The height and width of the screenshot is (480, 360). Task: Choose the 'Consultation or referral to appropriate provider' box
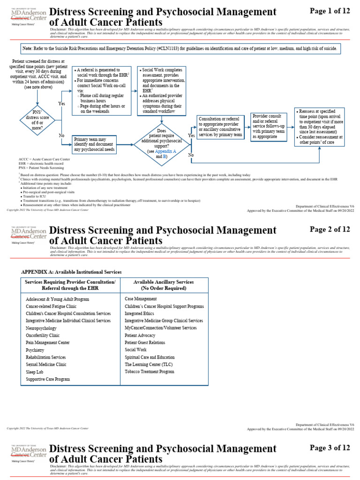coord(220,127)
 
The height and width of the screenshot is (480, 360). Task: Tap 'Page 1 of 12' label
coord(330,10)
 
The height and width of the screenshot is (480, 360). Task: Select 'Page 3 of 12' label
coord(330,448)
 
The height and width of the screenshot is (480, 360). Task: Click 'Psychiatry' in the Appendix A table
coord(35,350)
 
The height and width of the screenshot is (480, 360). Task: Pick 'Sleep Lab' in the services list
coord(35,372)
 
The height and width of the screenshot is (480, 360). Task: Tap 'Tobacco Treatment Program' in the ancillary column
coord(149,372)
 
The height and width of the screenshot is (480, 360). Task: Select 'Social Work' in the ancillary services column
coord(135,350)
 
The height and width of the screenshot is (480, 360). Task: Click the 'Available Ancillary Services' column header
coord(164,285)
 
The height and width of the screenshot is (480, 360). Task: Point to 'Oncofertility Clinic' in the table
coord(43,335)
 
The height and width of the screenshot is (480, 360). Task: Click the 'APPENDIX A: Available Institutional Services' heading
coord(71,272)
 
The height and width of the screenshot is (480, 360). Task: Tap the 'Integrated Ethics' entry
coord(140,313)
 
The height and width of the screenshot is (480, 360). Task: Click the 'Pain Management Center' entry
coord(47,343)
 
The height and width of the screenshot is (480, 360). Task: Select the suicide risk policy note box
coord(180,49)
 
